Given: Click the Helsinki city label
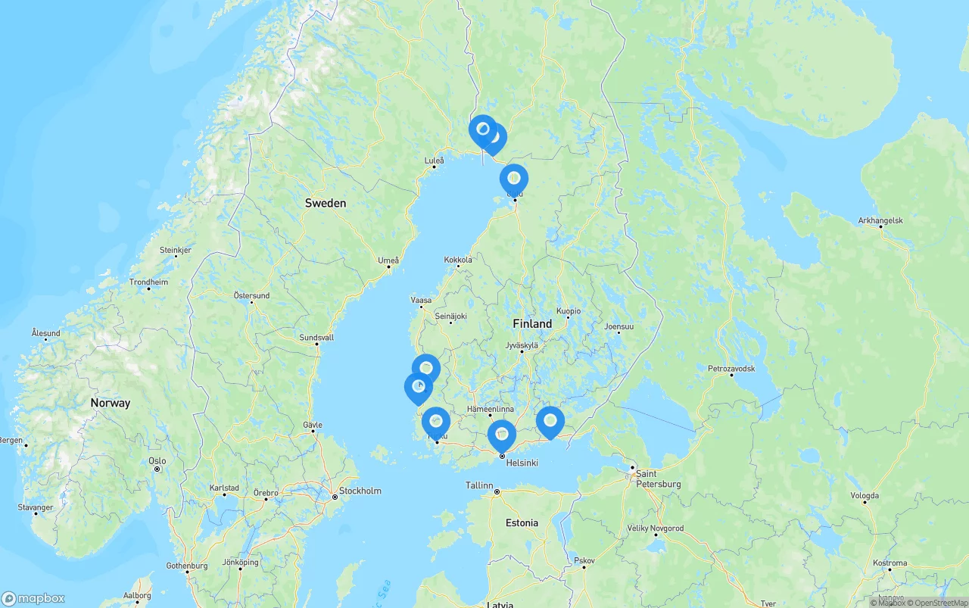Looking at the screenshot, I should pos(522,462).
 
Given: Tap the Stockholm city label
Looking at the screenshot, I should pos(360,491).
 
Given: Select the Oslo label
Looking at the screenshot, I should pos(157,460).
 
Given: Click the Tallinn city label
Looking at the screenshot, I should pos(479,485).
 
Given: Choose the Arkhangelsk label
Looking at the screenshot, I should pos(880,220).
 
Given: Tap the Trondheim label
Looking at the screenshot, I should pos(148,282).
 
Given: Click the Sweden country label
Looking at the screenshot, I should pos(326,203).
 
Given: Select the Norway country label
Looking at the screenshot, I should pos(111,403).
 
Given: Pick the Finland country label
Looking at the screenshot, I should pos(532,323).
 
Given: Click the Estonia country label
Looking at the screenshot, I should pos(522,522).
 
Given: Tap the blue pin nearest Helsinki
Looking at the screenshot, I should pos(502,435).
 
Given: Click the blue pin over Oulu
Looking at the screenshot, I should pos(514,179).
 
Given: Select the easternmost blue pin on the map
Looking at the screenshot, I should pos(550,421).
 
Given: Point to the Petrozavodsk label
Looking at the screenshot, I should pos(731,368).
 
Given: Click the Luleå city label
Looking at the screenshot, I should pos(435,160).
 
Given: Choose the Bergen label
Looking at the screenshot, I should pos(11,439).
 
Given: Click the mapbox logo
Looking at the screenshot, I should pos(33,598).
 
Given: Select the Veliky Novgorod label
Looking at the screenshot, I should pos(656,528).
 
